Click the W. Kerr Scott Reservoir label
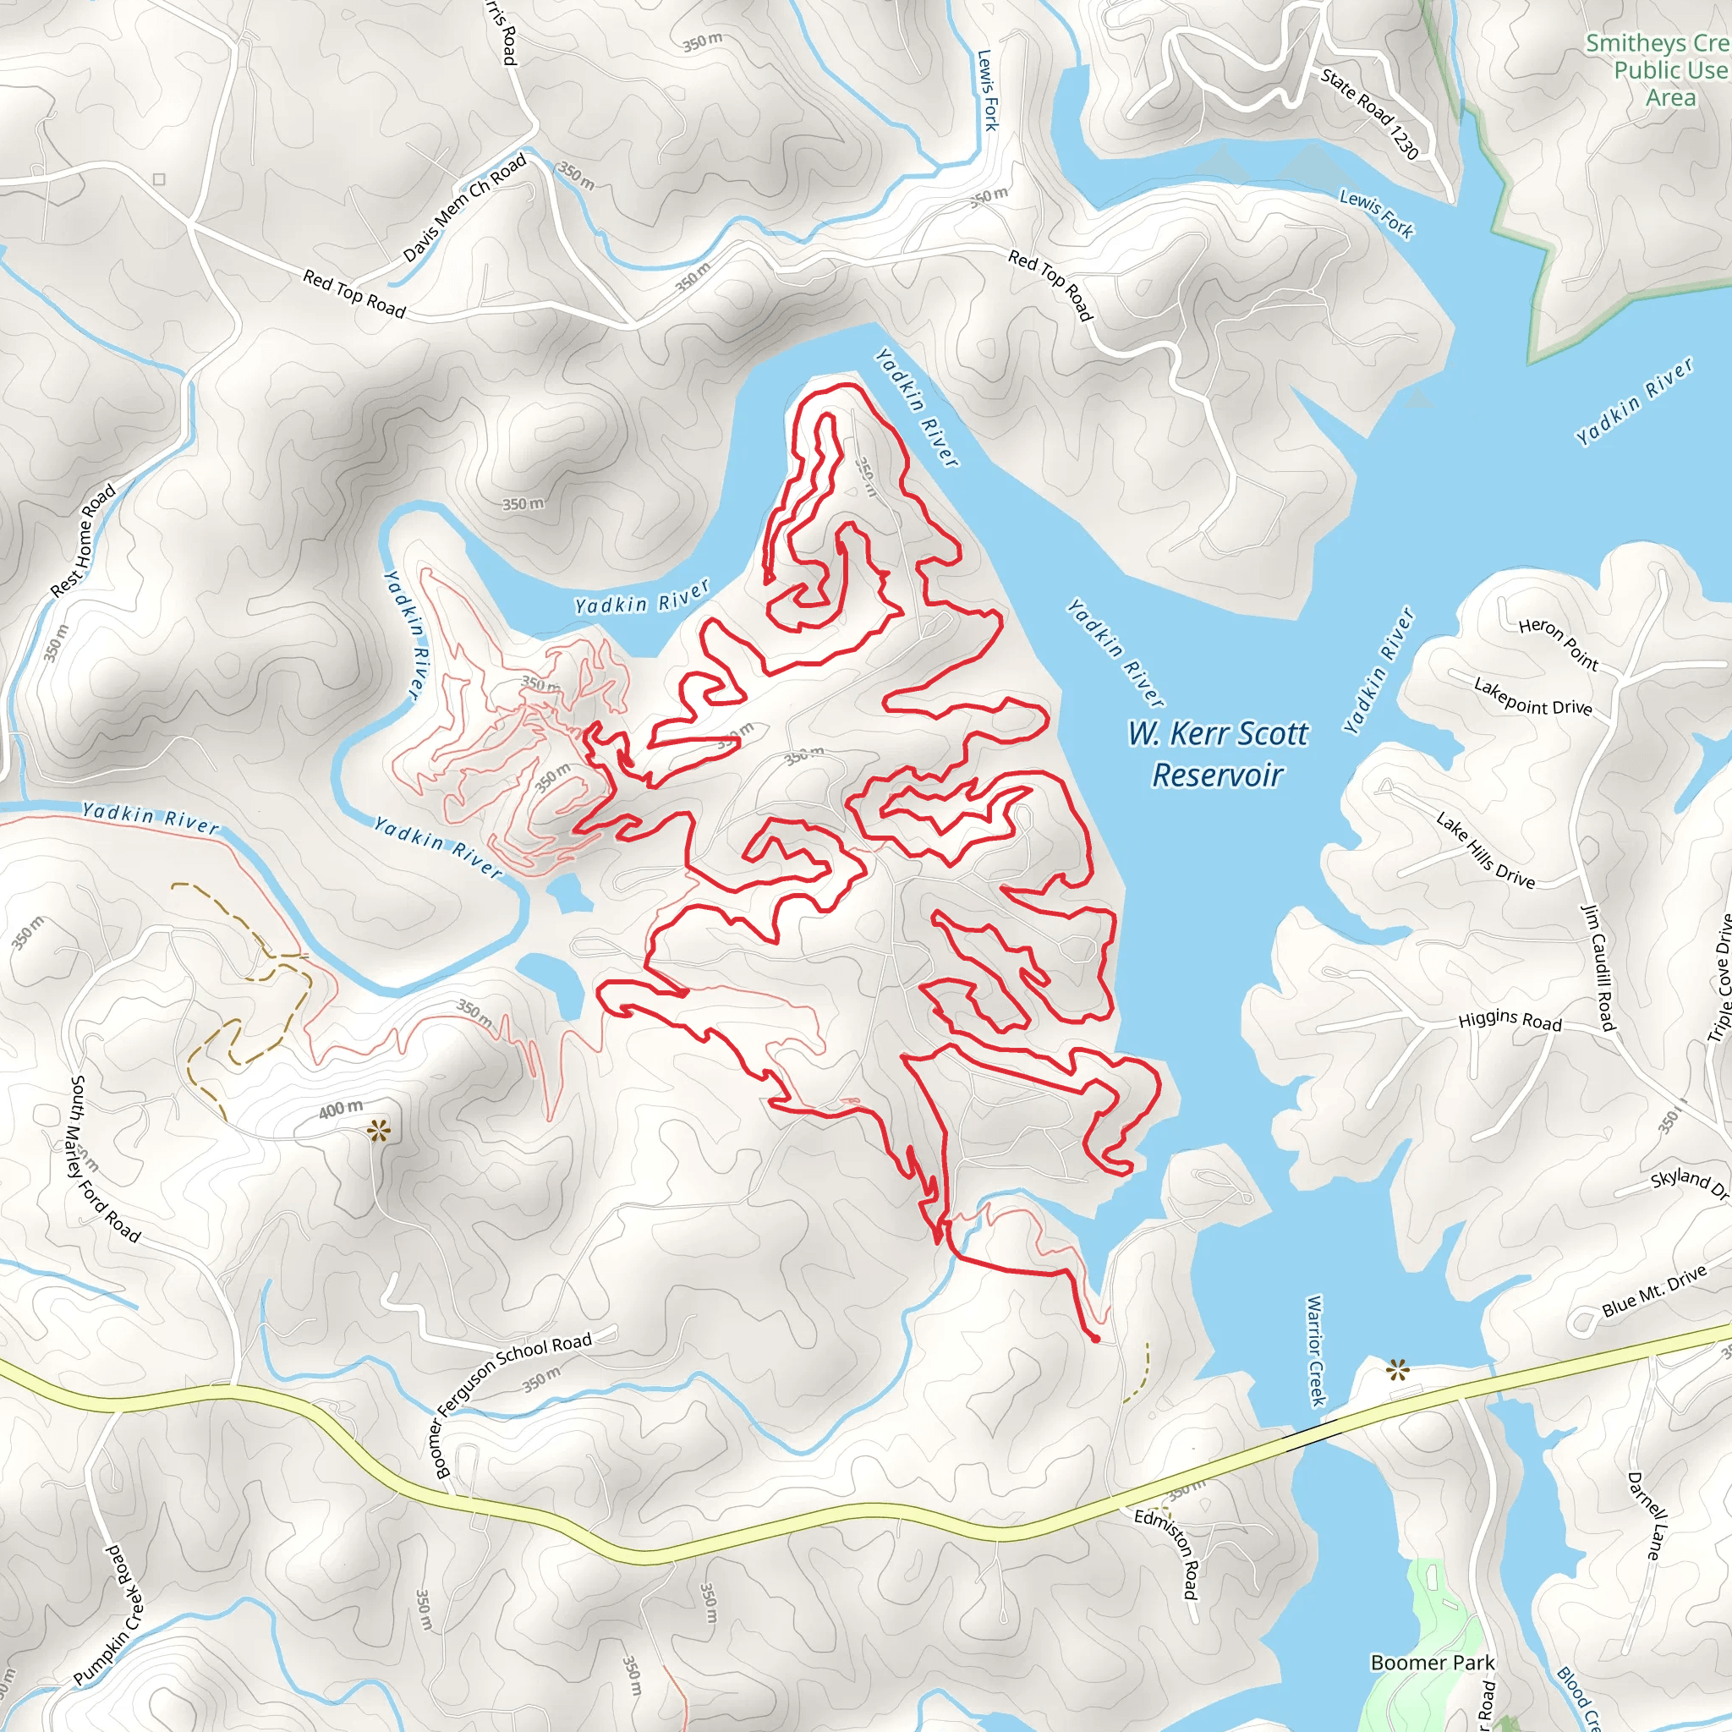(1218, 753)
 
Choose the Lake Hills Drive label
(1485, 849)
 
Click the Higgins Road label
(1510, 1020)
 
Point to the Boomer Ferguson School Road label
(512, 1402)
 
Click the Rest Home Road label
(84, 540)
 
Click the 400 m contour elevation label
(342, 1109)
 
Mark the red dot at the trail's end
(1095, 1340)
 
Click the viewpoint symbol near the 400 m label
(379, 1132)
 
